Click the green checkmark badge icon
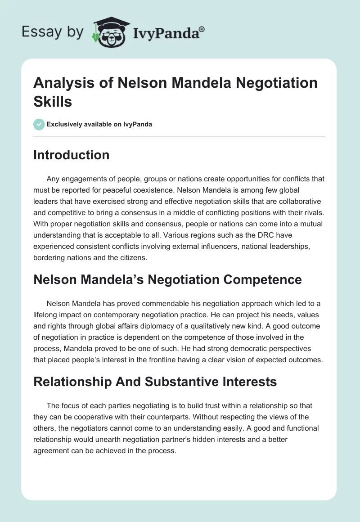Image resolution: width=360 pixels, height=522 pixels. (x=39, y=124)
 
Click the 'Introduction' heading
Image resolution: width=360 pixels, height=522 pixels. (x=71, y=155)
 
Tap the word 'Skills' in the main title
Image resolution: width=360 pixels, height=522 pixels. (x=53, y=101)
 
